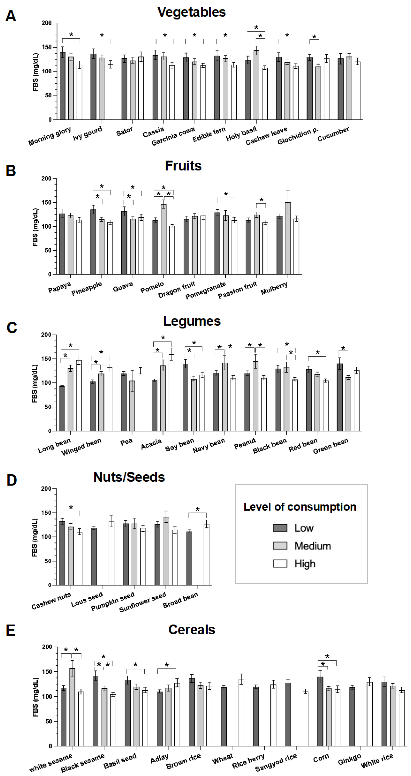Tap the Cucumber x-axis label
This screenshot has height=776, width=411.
click(x=333, y=134)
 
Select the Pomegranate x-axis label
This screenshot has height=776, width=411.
click(x=206, y=291)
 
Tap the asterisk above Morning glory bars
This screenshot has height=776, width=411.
click(x=71, y=35)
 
